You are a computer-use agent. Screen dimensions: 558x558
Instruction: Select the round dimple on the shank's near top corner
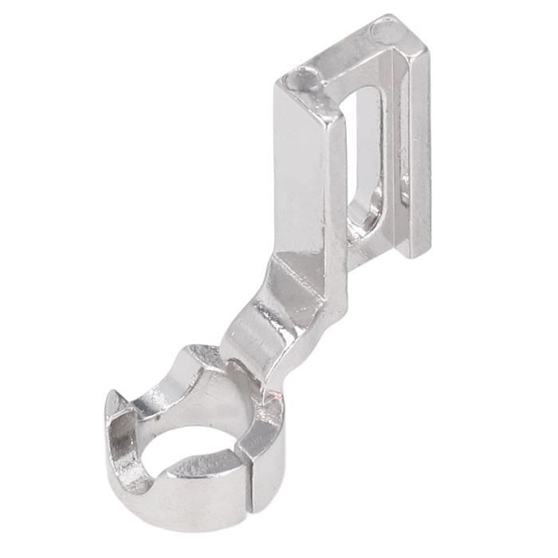301,80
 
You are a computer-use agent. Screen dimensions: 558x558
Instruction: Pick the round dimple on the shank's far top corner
385,33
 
